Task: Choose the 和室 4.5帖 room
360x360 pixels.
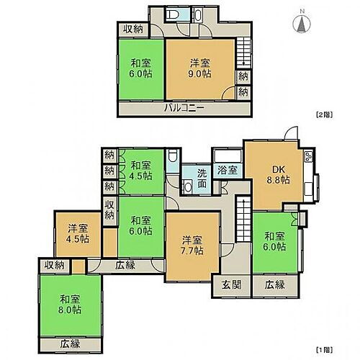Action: click(x=142, y=171)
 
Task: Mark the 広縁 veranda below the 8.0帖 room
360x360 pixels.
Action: click(x=69, y=343)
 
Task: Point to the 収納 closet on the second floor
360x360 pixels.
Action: click(x=132, y=30)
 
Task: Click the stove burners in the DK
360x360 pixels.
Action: click(x=309, y=158)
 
